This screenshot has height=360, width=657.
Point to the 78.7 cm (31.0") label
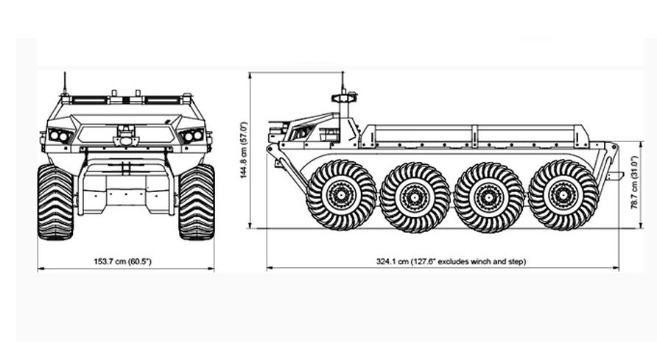[634, 185]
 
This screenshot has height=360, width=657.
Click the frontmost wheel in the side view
[341, 196]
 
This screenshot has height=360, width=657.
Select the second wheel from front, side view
[415, 197]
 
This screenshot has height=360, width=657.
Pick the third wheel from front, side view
[488, 197]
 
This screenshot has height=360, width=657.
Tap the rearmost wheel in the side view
[563, 196]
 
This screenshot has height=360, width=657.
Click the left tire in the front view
[56, 202]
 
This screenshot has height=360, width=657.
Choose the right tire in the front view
[196, 202]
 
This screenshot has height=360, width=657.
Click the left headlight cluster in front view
[59, 136]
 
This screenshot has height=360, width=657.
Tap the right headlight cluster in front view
[192, 136]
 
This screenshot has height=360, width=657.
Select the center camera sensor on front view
[126, 137]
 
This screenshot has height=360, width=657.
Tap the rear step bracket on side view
[615, 175]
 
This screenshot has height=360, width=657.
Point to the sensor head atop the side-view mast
[343, 98]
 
